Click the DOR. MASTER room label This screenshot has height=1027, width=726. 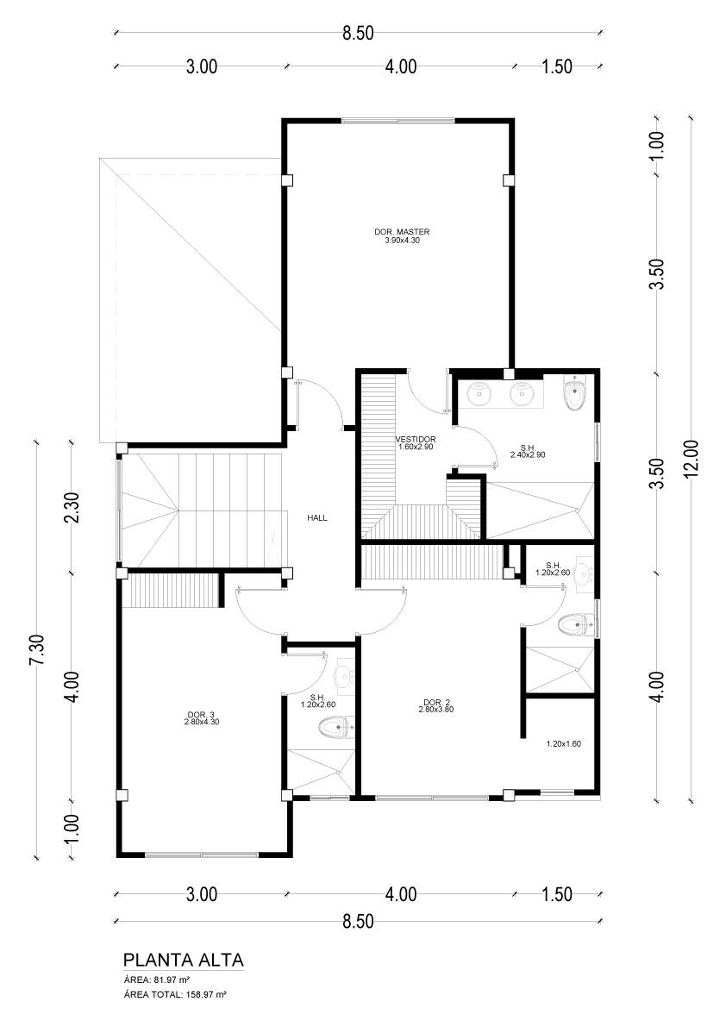click(402, 232)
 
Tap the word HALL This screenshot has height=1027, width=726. click(317, 518)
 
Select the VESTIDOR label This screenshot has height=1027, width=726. click(416, 440)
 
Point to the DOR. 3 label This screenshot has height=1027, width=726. click(201, 714)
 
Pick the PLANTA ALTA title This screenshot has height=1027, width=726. click(184, 961)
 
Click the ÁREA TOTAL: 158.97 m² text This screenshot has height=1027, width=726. click(175, 994)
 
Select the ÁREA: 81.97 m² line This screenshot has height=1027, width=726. click(156, 980)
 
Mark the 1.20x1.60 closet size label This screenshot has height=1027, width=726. click(564, 743)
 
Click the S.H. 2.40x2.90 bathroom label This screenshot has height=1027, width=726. click(529, 451)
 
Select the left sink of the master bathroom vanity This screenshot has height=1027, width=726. click(480, 392)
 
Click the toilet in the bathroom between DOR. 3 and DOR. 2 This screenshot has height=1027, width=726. click(336, 727)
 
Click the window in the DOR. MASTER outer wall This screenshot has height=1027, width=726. click(397, 121)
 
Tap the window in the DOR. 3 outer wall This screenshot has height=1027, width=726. click(202, 854)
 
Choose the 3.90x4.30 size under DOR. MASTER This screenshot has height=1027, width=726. click(402, 241)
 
